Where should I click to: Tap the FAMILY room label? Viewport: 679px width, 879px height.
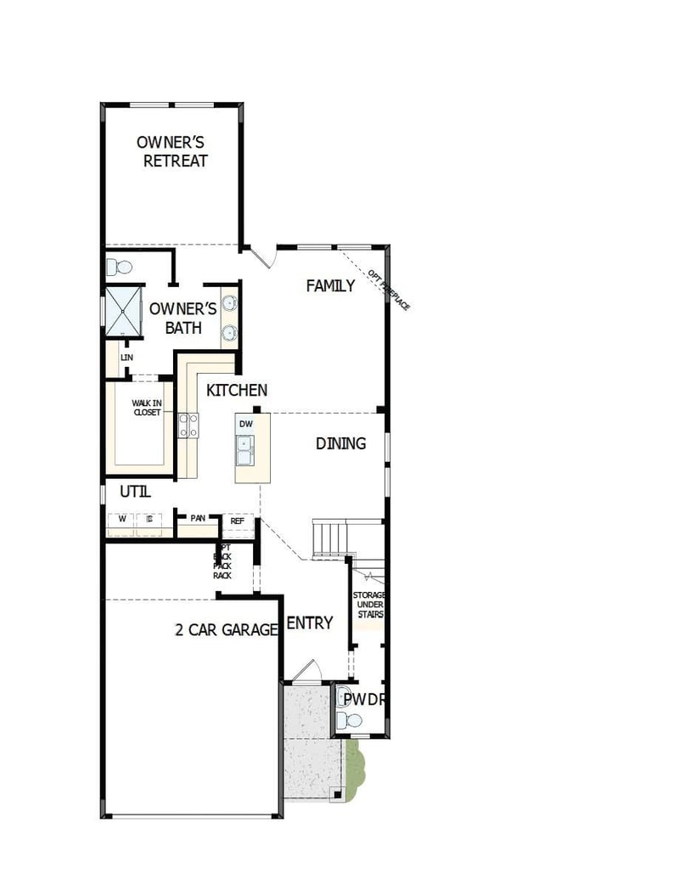pos(330,286)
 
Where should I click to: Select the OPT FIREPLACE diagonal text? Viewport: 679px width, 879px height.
pos(388,290)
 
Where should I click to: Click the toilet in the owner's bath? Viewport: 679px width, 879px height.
pos(120,268)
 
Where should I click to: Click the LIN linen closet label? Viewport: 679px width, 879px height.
pos(127,358)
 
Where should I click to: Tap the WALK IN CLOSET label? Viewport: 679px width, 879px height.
pos(146,408)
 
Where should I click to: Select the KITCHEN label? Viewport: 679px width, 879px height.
pos(237,391)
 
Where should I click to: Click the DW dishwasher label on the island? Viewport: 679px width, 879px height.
pos(246,424)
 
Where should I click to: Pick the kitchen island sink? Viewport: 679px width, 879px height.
pos(245,449)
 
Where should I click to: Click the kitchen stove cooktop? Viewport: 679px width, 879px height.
pos(188,425)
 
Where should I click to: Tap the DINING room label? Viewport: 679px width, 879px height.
pos(340,443)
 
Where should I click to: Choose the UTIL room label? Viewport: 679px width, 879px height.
pos(136,491)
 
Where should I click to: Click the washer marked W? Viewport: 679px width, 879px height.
pos(122,519)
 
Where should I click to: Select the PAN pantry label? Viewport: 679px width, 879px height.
pos(198,518)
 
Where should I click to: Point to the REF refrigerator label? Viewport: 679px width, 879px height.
pos(238,521)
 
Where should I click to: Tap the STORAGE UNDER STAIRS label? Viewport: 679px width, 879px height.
pos(369,605)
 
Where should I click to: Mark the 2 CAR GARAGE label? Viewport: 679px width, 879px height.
pos(227,630)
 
